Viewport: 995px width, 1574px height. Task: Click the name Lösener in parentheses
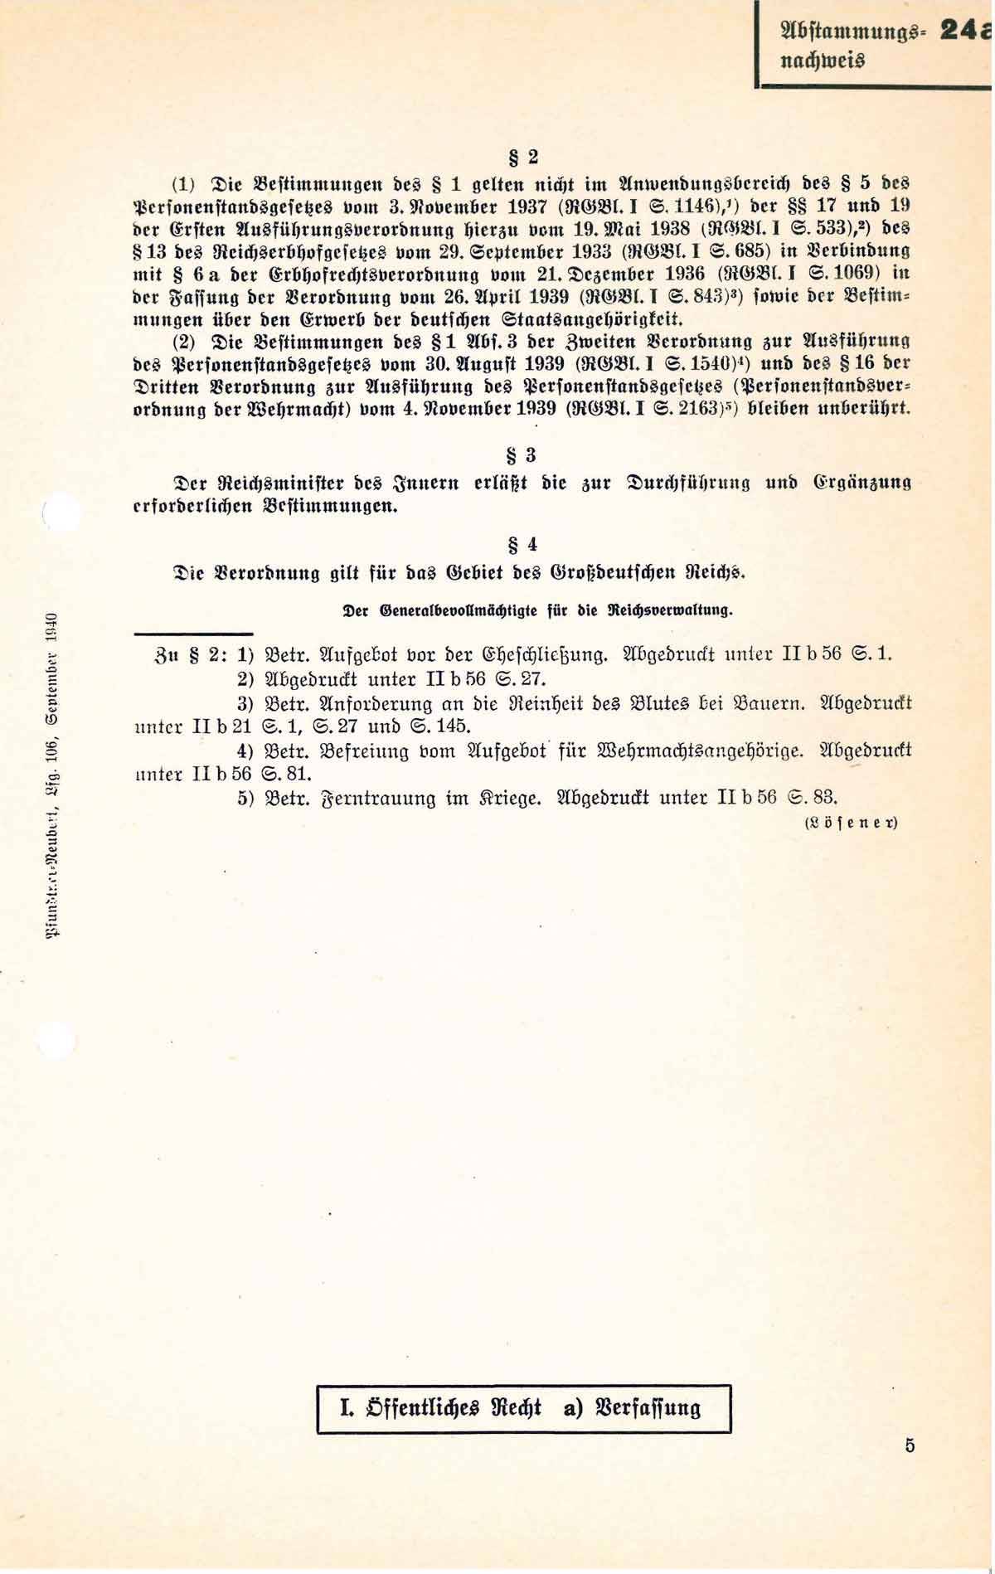(851, 823)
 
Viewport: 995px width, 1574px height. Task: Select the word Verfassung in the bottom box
(649, 1407)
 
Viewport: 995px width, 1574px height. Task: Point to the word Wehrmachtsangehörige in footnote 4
(700, 751)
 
